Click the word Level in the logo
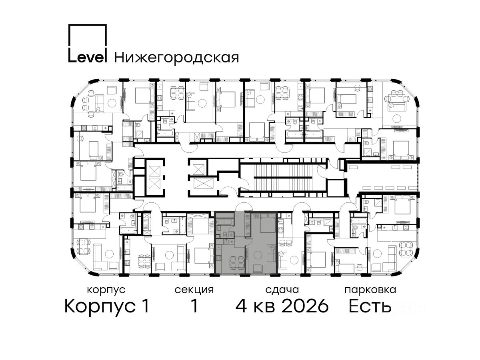click(x=88, y=58)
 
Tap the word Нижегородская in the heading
click(x=177, y=58)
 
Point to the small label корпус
click(x=106, y=290)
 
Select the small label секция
click(x=194, y=290)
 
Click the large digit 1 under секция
click(x=194, y=306)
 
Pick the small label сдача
click(x=282, y=290)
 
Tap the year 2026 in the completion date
click(x=305, y=306)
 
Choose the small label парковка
click(x=370, y=290)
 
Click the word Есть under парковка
click(x=370, y=306)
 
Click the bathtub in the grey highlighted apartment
click(x=224, y=222)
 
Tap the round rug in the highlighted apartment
click(x=258, y=255)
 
